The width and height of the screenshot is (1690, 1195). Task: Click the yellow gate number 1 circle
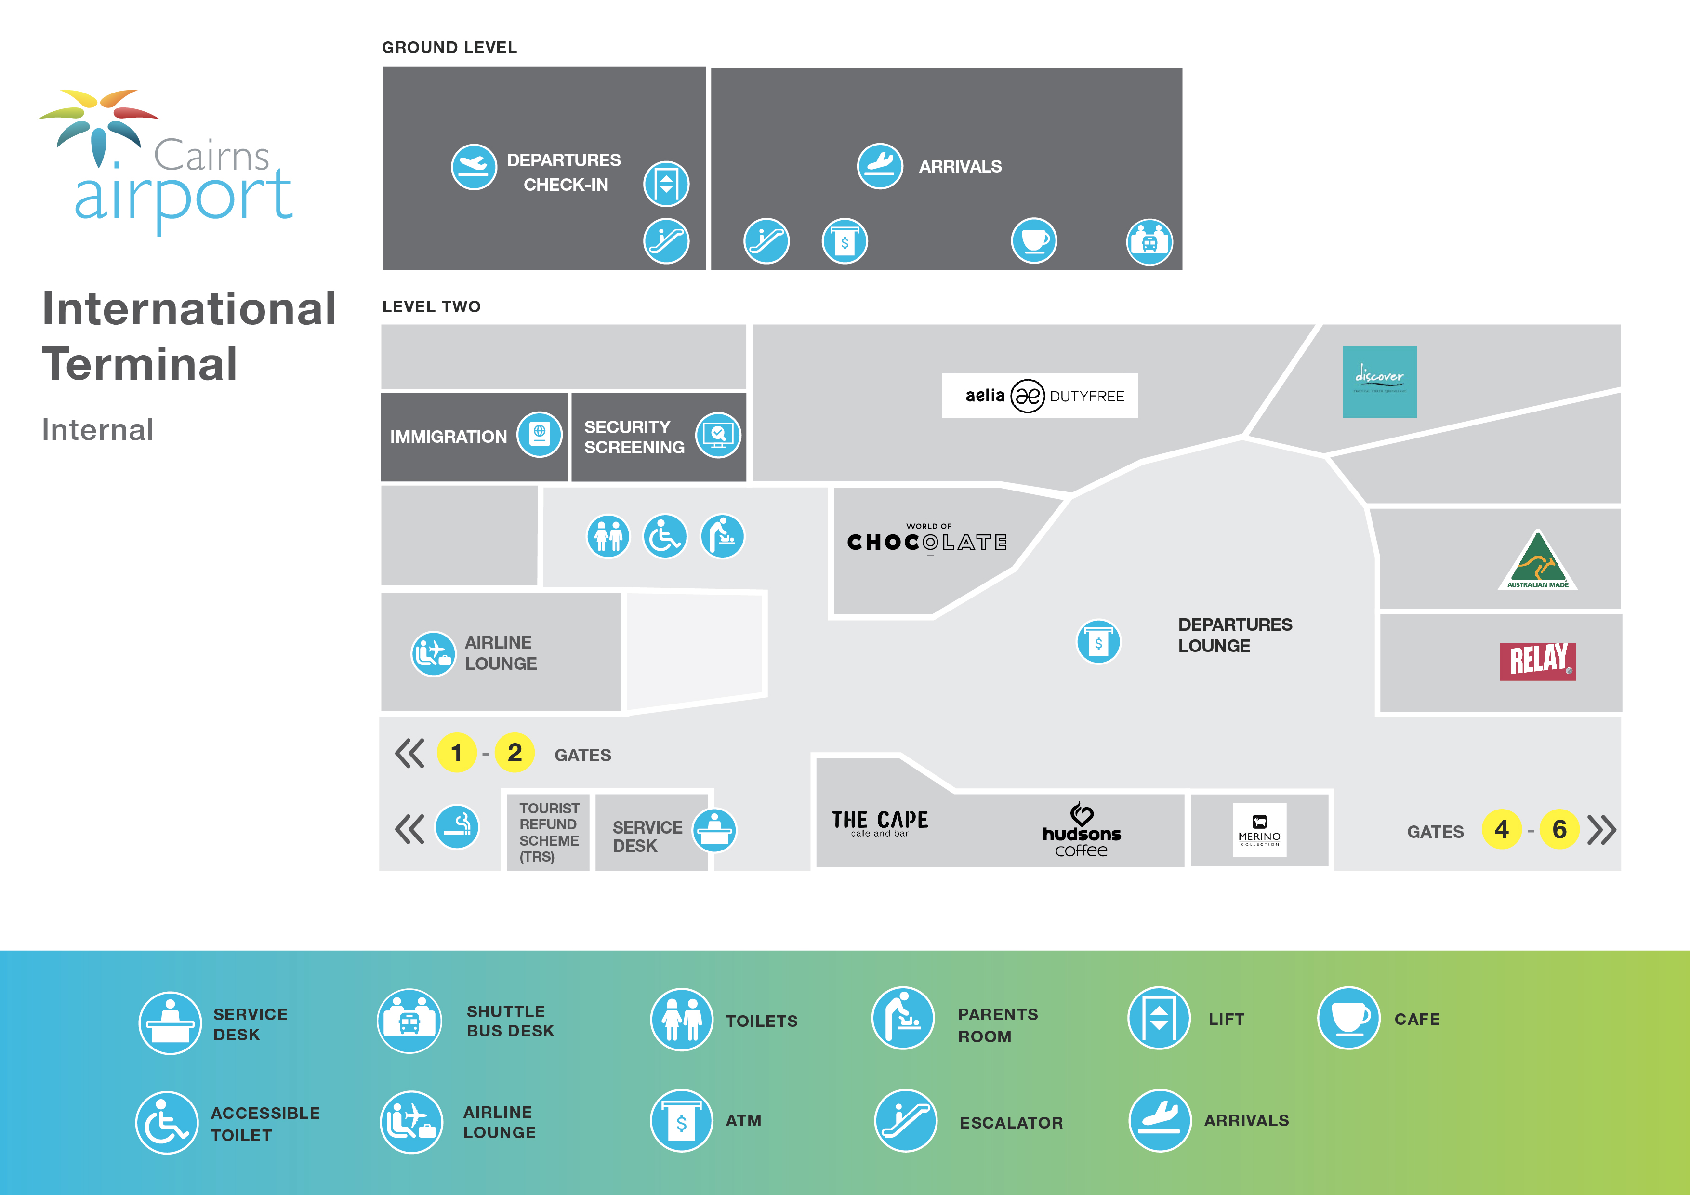pos(456,753)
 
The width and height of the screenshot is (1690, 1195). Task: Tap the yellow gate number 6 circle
pos(1559,830)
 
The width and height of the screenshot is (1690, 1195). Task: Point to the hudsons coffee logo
pos(1081,831)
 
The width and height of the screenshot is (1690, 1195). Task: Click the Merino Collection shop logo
pos(1259,830)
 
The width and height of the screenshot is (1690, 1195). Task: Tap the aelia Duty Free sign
pos(1039,396)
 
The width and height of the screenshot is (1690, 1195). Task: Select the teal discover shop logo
pos(1379,382)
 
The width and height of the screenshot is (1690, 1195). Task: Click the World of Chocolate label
pos(927,540)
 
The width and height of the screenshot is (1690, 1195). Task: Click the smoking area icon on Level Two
pos(456,827)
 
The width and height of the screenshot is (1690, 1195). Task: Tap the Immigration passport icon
pos(539,435)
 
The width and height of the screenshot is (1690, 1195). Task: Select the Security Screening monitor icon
pos(718,435)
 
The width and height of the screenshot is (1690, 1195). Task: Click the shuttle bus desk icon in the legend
pos(409,1021)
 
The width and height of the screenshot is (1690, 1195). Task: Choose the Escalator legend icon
pos(905,1121)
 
